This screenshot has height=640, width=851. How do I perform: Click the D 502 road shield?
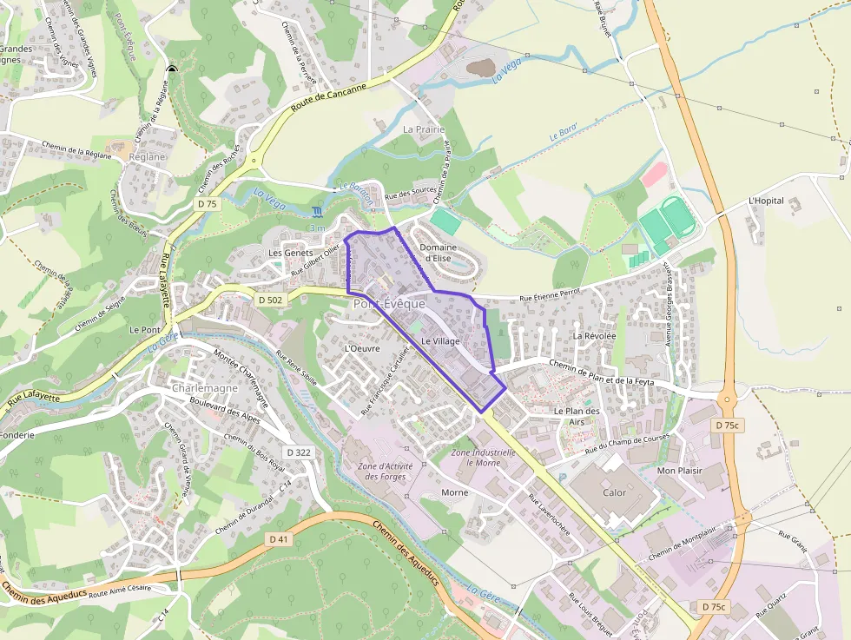click(x=270, y=300)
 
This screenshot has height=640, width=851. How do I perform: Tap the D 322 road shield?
click(x=298, y=452)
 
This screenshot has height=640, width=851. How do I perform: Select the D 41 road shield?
click(x=278, y=539)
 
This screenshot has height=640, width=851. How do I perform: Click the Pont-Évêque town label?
click(x=389, y=304)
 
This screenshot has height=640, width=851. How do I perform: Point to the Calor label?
click(x=614, y=492)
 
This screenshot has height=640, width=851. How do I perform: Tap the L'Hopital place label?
click(x=766, y=201)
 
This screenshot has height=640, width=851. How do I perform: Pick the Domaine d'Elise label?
click(x=438, y=253)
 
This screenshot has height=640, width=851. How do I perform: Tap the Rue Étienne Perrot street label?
click(x=550, y=298)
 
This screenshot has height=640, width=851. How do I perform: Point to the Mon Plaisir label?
click(x=679, y=470)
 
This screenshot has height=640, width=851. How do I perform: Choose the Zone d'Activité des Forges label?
click(x=385, y=472)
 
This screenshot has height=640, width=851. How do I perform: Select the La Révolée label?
click(x=594, y=335)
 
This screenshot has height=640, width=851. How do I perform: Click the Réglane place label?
click(x=146, y=157)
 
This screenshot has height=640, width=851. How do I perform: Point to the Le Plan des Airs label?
click(x=577, y=416)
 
